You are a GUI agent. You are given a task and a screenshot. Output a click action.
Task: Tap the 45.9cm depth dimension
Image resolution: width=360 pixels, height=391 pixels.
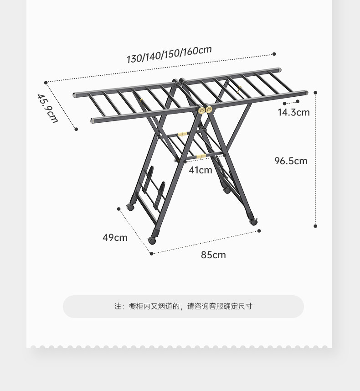click(x=48, y=108)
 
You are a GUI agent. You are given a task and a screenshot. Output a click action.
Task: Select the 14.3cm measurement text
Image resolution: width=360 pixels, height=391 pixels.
click(x=293, y=112)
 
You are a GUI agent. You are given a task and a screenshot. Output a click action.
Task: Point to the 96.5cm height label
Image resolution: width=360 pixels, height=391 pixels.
click(x=291, y=161)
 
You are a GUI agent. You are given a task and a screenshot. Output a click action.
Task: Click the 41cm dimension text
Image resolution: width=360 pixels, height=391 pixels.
click(x=201, y=170)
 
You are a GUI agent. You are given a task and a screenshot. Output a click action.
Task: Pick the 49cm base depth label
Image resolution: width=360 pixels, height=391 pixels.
click(x=115, y=237)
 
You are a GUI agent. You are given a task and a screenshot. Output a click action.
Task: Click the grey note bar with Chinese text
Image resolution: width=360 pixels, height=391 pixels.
click(x=183, y=306)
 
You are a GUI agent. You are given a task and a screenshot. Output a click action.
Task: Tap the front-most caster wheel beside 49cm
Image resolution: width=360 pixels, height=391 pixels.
click(x=153, y=240)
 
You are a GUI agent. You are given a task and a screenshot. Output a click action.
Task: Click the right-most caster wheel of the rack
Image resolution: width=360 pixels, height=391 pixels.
click(x=253, y=221)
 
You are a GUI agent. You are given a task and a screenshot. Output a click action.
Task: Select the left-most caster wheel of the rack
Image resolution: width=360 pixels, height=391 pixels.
click(x=131, y=207)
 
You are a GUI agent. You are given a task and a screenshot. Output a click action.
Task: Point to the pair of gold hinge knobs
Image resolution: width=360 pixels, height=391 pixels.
click(x=205, y=109)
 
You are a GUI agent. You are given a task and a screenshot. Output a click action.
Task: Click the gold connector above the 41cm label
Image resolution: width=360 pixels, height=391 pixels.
click(x=201, y=156)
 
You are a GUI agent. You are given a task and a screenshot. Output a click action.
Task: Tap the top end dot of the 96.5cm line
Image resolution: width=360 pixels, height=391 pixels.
click(x=315, y=93)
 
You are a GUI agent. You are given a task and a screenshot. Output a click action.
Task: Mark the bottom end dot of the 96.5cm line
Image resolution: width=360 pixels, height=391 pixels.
click(x=315, y=226)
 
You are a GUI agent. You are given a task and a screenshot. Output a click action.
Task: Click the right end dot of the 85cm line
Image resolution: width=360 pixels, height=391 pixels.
click(x=259, y=231)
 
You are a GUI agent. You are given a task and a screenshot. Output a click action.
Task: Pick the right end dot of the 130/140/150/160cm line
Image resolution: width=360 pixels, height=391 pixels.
click(x=274, y=54)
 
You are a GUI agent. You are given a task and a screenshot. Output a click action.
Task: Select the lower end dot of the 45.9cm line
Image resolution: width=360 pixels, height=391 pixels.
click(x=76, y=129)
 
